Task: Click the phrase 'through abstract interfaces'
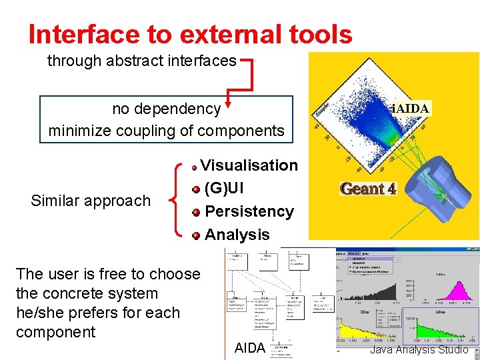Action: tap(141, 61)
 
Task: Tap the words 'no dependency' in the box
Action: tap(166, 109)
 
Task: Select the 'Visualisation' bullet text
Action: tap(249, 165)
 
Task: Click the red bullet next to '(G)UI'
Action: tap(196, 189)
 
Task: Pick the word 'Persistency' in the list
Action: tap(249, 211)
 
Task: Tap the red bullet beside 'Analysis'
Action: tap(196, 235)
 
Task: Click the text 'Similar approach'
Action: tap(91, 201)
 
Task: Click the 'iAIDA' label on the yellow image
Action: tap(410, 108)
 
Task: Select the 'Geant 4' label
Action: tap(369, 189)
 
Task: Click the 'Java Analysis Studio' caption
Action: tap(419, 349)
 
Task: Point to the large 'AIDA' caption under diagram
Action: tap(250, 347)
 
